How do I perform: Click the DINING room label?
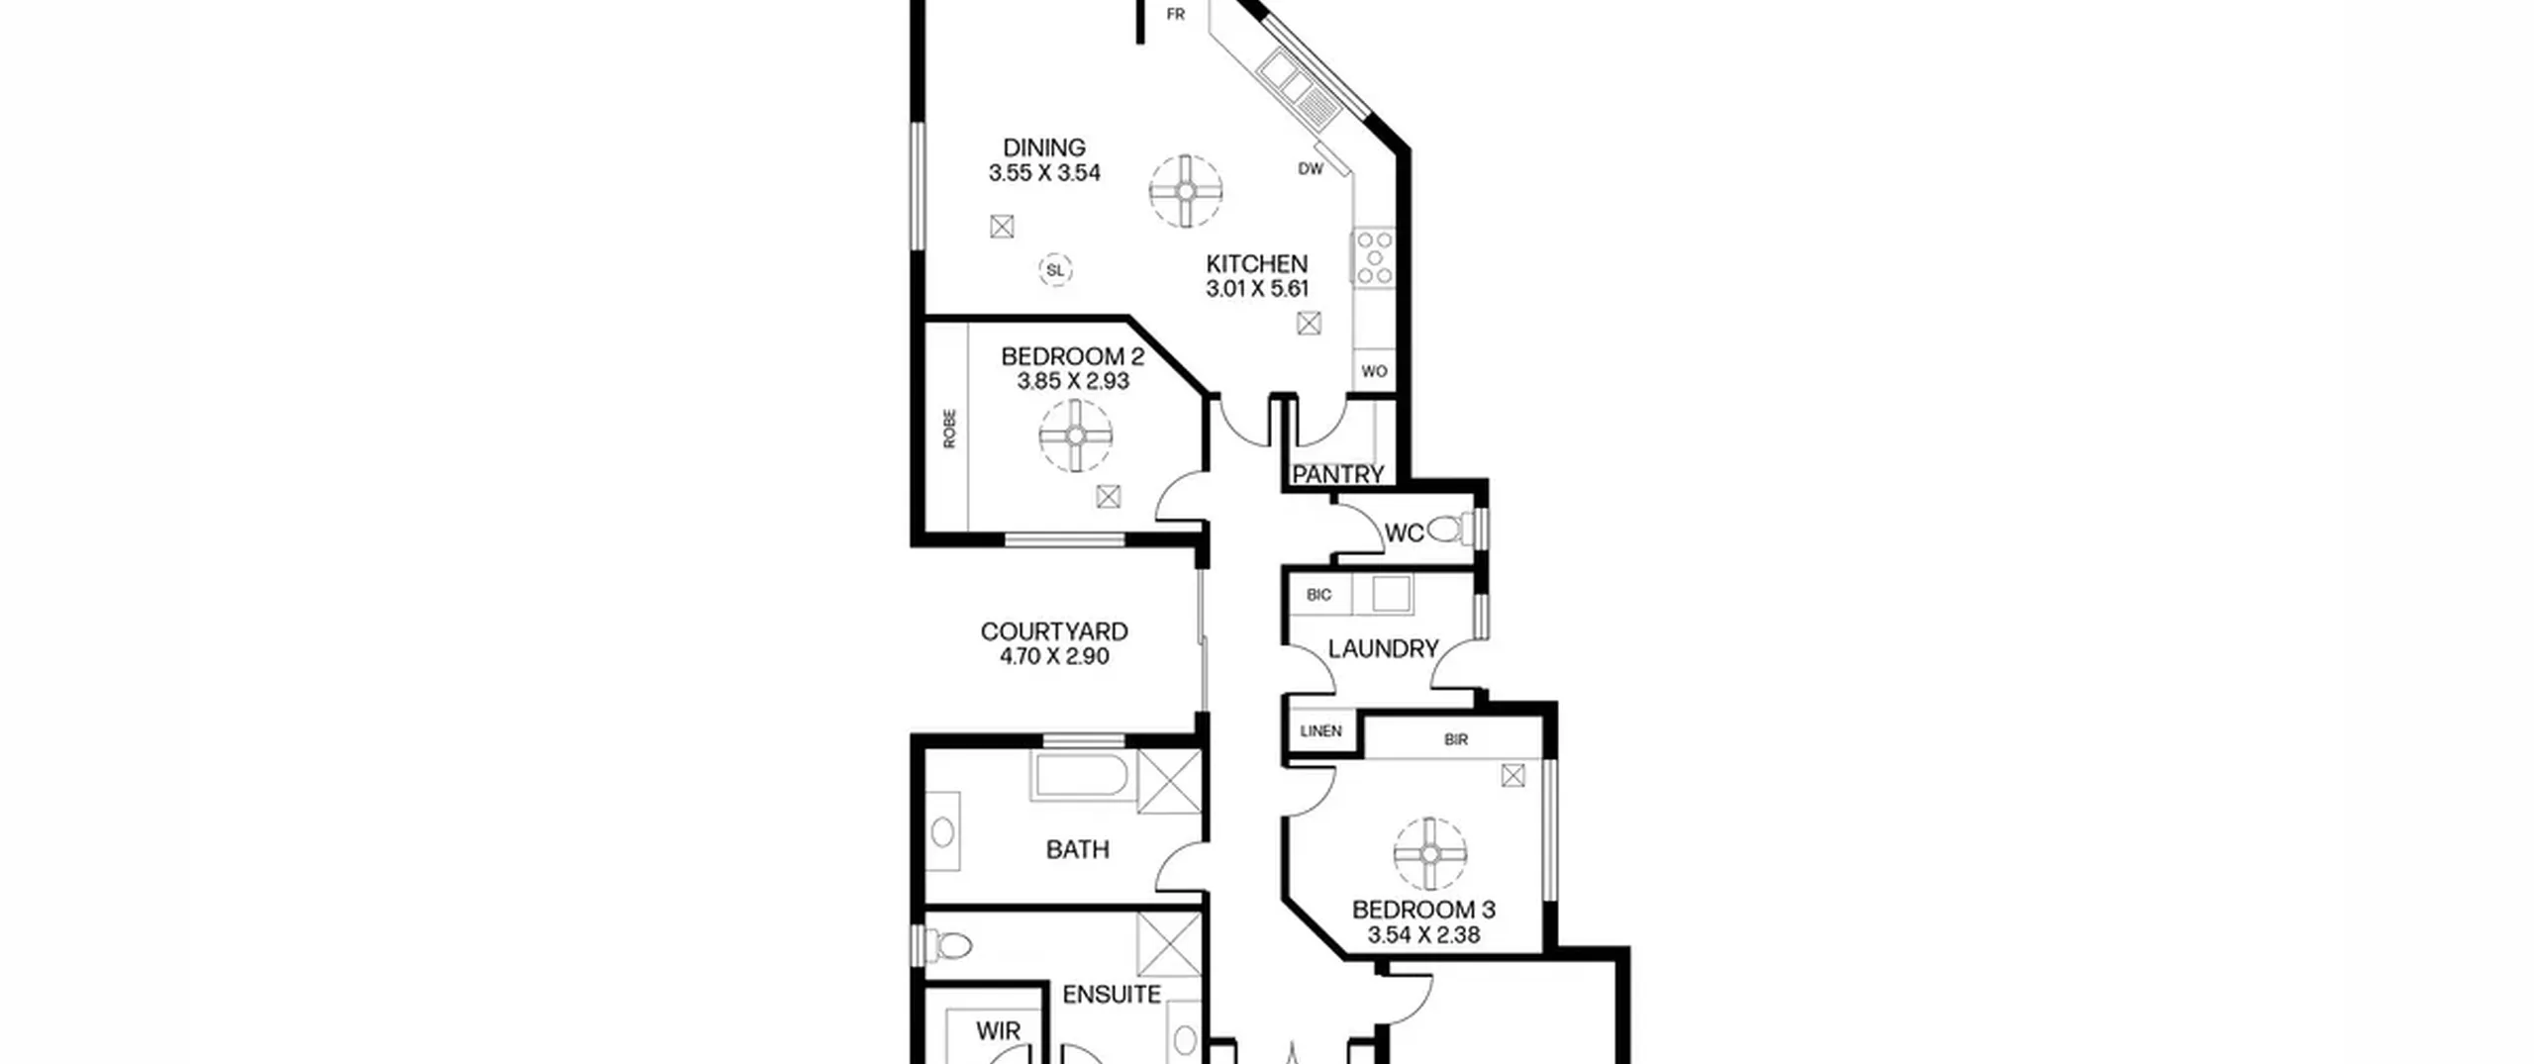tap(1044, 147)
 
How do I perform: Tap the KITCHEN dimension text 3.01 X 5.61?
tap(1257, 289)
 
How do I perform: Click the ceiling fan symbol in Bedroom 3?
tap(1430, 854)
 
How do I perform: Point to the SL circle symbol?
tap(1056, 269)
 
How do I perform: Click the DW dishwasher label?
tap(1311, 169)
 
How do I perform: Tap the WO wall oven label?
tap(1374, 372)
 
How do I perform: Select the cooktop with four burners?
tap(1374, 258)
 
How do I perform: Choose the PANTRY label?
tap(1338, 475)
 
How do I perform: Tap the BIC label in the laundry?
tap(1319, 595)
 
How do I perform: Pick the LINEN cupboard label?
tap(1321, 731)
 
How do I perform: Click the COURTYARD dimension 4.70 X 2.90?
tap(1054, 657)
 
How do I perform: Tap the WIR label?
tap(998, 1031)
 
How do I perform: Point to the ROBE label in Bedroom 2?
tap(950, 430)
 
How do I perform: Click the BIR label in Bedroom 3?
tap(1456, 739)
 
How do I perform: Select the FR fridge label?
tap(1176, 15)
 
